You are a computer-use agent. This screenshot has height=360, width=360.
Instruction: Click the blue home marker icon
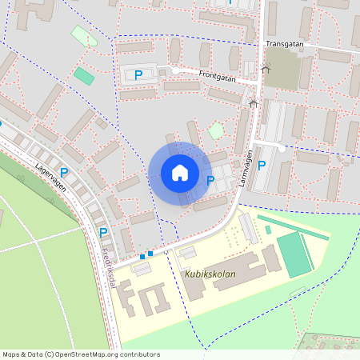180,172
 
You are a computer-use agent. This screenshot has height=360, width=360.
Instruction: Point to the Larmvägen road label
246,168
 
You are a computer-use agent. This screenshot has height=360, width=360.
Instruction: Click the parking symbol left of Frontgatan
138,74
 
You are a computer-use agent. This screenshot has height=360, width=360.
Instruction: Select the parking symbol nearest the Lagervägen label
64,172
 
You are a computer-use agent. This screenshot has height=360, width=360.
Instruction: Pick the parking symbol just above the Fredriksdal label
103,232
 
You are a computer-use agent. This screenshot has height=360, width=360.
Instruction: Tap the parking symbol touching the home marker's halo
210,181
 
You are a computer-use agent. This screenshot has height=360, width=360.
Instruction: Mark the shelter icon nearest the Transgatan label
266,69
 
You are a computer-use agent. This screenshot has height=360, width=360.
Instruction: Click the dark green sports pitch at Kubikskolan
294,254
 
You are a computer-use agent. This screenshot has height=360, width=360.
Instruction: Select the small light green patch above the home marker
216,130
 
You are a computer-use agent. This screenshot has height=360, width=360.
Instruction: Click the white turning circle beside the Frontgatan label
175,70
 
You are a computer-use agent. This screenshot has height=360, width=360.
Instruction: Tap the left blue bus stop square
142,256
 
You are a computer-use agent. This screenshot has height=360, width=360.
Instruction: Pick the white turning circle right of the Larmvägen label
282,148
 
